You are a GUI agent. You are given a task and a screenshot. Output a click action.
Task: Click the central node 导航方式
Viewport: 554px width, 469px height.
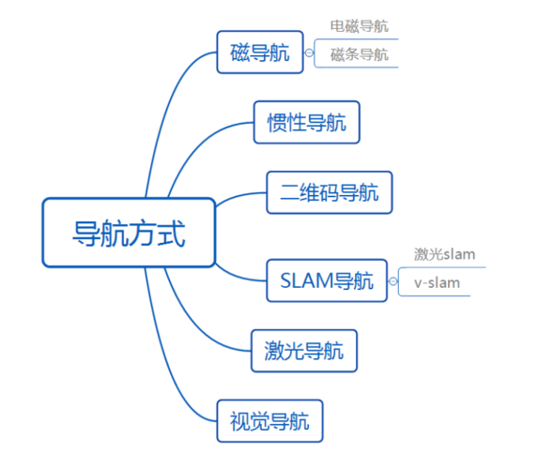point(129,232)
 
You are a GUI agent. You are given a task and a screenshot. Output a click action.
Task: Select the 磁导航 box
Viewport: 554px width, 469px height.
point(260,53)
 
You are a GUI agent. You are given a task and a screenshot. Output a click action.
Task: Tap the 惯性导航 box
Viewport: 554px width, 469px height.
point(306,122)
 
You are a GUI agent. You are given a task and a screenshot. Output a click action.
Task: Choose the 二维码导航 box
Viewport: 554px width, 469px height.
point(329,193)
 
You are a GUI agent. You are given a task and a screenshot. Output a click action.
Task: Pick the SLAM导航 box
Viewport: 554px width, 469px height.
point(326,280)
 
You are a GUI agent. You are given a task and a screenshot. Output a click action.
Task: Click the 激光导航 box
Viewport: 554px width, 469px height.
point(303,351)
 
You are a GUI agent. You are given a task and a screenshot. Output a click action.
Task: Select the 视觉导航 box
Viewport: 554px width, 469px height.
point(269,422)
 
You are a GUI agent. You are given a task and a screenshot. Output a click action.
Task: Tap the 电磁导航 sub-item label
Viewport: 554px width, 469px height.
point(359,26)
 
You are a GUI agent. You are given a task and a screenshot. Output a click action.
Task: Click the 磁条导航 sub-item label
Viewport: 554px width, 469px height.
point(359,54)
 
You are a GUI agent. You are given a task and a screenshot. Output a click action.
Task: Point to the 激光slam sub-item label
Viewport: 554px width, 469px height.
point(444,254)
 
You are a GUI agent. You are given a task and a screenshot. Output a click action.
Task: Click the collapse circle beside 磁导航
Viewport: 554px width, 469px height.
point(309,53)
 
